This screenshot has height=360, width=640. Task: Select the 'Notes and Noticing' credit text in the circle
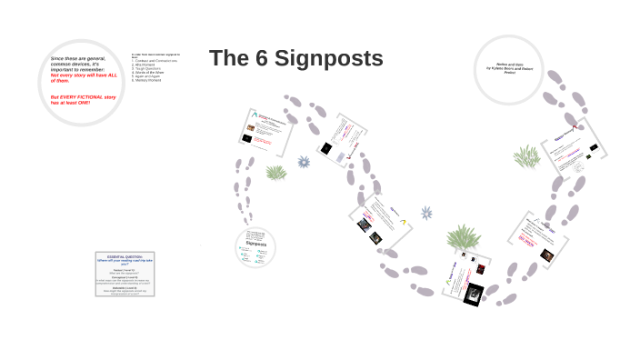pyautogui.click(x=515, y=68)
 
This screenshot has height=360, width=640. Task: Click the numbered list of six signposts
pyautogui.click(x=155, y=68)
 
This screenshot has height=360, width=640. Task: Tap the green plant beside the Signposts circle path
pyautogui.click(x=276, y=172)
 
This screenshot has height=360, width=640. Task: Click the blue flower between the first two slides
pyautogui.click(x=304, y=162)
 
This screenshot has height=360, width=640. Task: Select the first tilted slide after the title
pyautogui.click(x=267, y=130)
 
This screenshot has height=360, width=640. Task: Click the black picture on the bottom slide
pyautogui.click(x=473, y=293)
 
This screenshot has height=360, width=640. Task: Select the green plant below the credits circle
pyautogui.click(x=525, y=157)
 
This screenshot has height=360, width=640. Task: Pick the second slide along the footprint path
pyautogui.click(x=341, y=139)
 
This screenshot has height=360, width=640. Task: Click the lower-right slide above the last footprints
pyautogui.click(x=539, y=238)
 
